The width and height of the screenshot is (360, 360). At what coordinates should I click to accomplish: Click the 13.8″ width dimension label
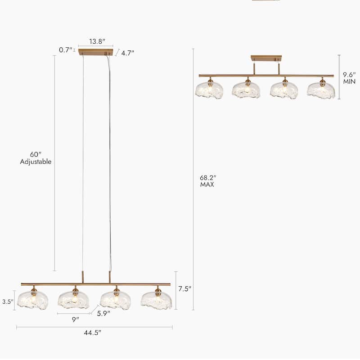pyautogui.click(x=97, y=41)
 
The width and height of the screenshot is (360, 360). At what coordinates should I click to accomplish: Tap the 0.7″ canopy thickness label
pyautogui.click(x=66, y=50)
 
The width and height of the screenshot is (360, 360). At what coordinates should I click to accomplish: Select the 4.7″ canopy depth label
pyautogui.click(x=128, y=53)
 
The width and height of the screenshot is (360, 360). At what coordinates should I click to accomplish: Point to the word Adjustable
pyautogui.click(x=36, y=162)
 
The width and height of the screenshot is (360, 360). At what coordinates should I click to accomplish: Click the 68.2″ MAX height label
pyautogui.click(x=208, y=181)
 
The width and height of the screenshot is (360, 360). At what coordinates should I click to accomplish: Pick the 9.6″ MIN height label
pyautogui.click(x=349, y=78)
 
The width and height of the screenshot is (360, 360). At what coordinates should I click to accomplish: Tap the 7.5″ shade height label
pyautogui.click(x=184, y=289)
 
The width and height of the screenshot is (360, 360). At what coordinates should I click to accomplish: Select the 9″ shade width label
pyautogui.click(x=75, y=319)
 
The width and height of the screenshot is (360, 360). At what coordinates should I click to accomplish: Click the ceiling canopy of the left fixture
pyautogui.click(x=95, y=52)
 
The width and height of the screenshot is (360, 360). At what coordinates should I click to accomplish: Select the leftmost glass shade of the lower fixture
pyautogui.click(x=32, y=300)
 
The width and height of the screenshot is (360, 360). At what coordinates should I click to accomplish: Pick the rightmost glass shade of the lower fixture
pyautogui.click(x=156, y=300)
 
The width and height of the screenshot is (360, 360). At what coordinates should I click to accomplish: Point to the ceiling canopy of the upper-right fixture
pyautogui.click(x=266, y=58)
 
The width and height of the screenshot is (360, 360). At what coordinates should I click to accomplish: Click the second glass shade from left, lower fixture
pyautogui.click(x=74, y=300)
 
